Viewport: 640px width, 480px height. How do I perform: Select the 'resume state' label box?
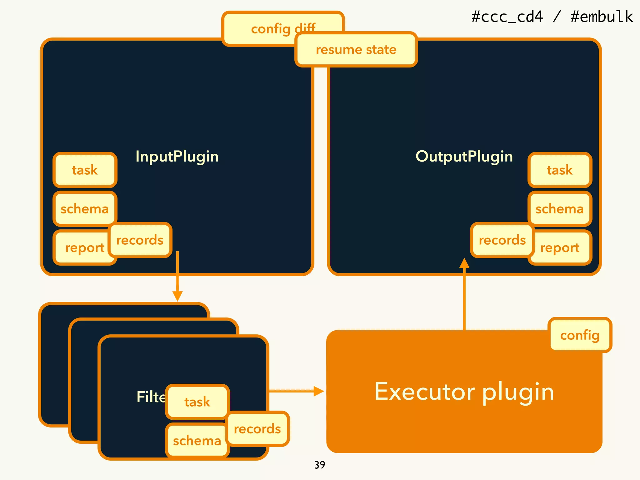click(x=356, y=50)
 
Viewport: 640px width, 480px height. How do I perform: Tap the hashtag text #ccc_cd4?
click(x=507, y=17)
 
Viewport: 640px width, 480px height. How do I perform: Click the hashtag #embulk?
click(x=602, y=17)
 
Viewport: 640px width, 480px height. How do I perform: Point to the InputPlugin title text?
click(x=177, y=156)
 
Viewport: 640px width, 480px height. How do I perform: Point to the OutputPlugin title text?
click(x=464, y=156)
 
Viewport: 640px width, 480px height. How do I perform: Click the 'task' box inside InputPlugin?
click(x=85, y=170)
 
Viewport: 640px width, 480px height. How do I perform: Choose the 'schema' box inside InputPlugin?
click(x=85, y=208)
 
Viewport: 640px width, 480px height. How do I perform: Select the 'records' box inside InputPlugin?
click(x=140, y=240)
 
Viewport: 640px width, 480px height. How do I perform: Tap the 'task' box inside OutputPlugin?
click(x=560, y=170)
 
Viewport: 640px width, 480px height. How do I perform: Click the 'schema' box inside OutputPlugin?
click(x=560, y=208)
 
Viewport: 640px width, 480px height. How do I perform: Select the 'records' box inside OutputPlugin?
click(x=502, y=240)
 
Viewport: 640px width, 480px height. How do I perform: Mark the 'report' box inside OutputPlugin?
click(x=562, y=247)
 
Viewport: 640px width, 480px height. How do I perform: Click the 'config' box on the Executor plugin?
click(x=580, y=335)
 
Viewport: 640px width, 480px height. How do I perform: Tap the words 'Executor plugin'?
click(x=464, y=391)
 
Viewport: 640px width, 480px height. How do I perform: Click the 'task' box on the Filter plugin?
click(x=197, y=402)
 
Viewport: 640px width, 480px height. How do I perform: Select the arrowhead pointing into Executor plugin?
click(x=318, y=391)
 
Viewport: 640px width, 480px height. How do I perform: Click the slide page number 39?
click(x=320, y=465)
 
